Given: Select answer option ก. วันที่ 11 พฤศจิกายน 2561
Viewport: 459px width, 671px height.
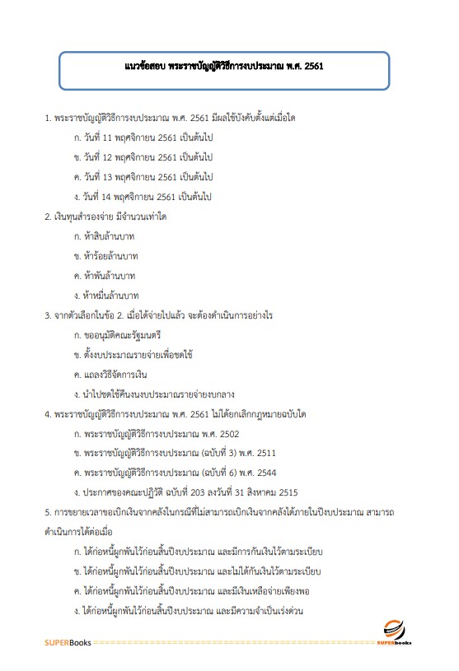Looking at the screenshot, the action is coord(143,137).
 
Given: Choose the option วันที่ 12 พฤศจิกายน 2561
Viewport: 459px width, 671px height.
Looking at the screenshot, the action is coord(143,157).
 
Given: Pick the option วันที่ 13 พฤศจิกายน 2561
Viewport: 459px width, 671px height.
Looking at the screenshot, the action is coord(143,177).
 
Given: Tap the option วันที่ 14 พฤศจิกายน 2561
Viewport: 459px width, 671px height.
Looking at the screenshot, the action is coord(143,197).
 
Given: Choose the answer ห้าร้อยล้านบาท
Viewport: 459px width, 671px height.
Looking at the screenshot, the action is coord(106,256).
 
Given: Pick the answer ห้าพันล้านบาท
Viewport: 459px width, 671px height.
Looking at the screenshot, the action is coord(105,276).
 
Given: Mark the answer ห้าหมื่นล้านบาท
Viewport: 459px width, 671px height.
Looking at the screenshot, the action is coord(106,296).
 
